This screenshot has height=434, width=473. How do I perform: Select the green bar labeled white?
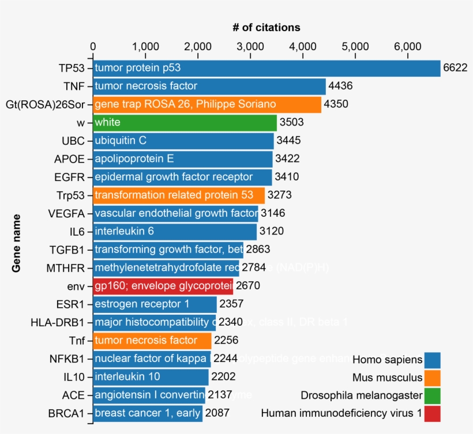coord(185,122)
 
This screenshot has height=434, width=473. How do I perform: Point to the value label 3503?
coord(291,122)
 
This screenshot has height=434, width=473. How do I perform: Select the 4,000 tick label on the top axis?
coord(303,46)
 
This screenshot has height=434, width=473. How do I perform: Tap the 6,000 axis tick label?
coord(408,46)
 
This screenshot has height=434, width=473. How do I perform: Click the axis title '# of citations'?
coord(266,27)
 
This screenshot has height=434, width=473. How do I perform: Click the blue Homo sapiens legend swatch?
coord(432,360)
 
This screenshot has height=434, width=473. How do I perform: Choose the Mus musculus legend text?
coord(387,378)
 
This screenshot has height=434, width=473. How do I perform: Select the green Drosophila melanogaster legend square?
coord(432,395)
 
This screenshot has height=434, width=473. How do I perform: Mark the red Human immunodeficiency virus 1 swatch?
coord(432,413)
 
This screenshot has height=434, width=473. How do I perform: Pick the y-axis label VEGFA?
coord(67,213)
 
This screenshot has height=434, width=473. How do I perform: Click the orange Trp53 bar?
coord(178,195)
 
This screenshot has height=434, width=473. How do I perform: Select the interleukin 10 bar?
coord(151,377)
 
